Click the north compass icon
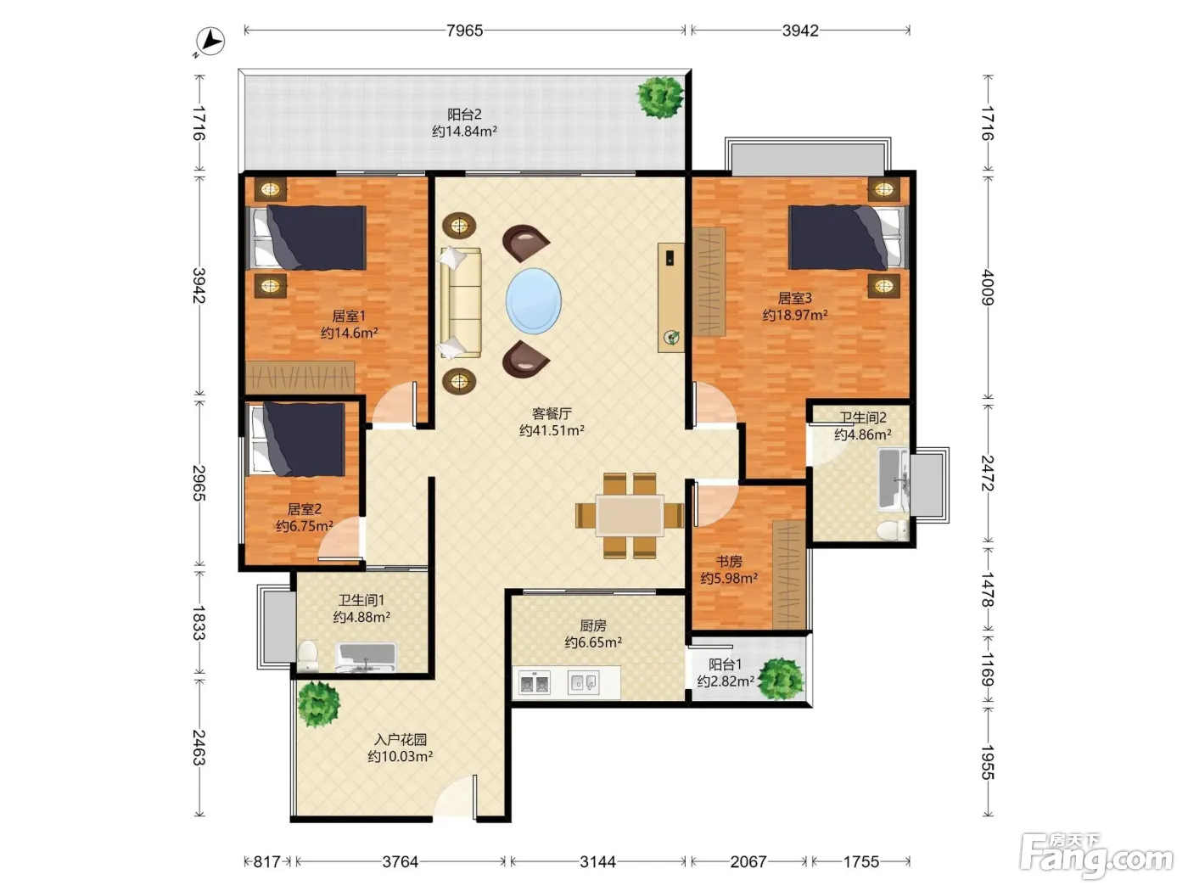pos(210,41)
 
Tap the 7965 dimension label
pos(464,31)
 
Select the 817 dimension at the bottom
pos(266,861)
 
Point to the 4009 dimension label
pos(989,288)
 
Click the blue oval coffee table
pos(533,300)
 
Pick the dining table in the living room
pos(630,515)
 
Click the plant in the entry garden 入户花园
pos(318,703)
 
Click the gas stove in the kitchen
pos(534,683)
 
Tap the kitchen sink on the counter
pos(583,683)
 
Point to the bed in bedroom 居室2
pos(298,440)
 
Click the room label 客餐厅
pos(552,414)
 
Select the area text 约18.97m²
pos(794,315)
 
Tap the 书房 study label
pos(728,562)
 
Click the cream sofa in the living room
pos(461,302)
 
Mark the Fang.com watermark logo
pos(1096,855)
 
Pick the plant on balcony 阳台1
pos(781,678)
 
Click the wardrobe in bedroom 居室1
pos(300,377)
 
